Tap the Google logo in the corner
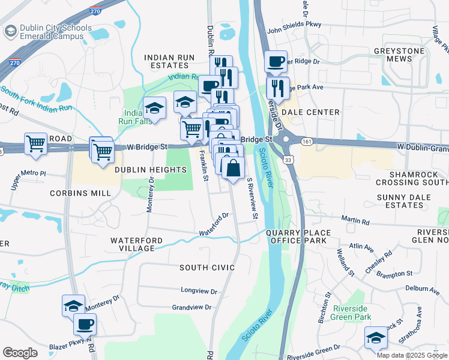(x=20, y=352)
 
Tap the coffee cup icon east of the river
(x=276, y=62)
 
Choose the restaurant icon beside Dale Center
(x=277, y=88)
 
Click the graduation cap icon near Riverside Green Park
(x=376, y=337)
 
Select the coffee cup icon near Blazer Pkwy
(x=85, y=325)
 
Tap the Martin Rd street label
(x=357, y=221)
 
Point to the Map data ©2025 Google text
(x=411, y=355)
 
